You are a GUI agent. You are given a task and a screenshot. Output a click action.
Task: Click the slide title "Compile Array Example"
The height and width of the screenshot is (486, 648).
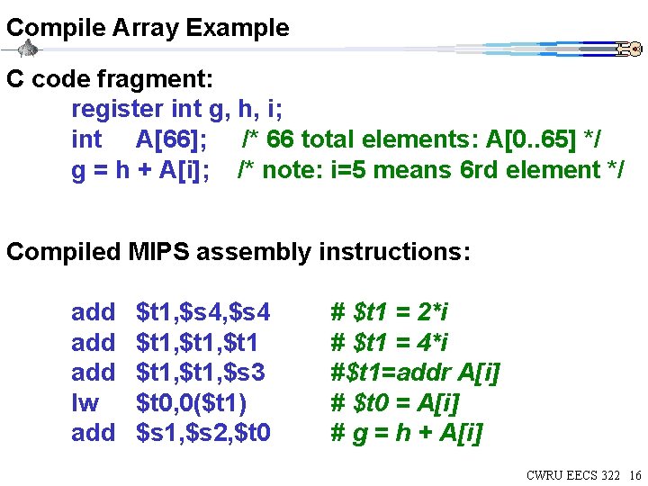click(148, 28)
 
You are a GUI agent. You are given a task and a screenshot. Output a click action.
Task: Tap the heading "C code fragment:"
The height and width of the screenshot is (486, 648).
click(110, 79)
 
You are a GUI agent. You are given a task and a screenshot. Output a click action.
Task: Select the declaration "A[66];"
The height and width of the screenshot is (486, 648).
click(171, 139)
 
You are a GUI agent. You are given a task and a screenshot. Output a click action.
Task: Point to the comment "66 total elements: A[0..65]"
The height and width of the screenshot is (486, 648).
click(422, 139)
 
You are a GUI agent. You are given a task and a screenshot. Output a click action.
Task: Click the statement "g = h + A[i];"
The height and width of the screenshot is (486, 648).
click(141, 169)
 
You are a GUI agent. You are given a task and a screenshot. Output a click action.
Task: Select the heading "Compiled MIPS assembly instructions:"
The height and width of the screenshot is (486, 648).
click(238, 251)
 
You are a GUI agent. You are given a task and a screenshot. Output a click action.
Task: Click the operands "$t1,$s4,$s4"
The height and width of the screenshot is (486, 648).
click(202, 312)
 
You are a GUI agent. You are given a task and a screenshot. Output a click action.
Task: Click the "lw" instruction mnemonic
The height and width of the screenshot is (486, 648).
click(85, 403)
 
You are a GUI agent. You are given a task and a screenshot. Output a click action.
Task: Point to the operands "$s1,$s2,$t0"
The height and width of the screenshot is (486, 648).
click(202, 434)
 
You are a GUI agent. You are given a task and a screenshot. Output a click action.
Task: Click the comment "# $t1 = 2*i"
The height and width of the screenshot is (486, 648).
click(390, 312)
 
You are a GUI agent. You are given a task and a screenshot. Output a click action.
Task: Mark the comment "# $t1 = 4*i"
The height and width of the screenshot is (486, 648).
click(390, 343)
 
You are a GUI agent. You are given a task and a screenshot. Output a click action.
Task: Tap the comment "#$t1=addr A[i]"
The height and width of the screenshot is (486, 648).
click(415, 373)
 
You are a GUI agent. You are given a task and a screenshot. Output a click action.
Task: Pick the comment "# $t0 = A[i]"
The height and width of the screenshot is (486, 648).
click(394, 403)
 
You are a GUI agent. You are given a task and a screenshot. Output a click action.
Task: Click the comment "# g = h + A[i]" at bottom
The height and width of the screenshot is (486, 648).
click(407, 434)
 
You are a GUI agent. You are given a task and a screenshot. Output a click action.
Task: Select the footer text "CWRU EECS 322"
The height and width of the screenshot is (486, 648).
click(572, 475)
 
